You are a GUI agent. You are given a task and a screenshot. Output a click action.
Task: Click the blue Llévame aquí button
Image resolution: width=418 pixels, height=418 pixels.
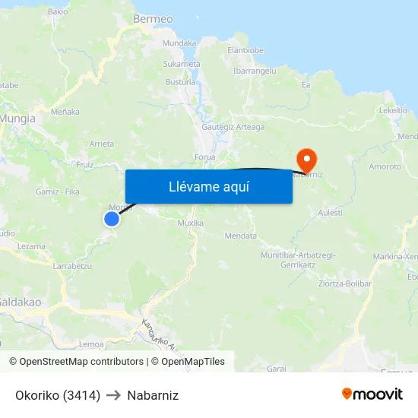point(208,186)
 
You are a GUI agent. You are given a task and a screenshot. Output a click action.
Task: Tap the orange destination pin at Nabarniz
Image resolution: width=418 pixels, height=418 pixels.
point(307,160)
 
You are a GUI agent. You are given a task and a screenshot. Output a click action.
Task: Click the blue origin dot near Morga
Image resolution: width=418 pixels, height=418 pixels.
point(112,219)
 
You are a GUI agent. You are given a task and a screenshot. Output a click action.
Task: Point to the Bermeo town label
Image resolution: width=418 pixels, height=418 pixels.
point(153,18)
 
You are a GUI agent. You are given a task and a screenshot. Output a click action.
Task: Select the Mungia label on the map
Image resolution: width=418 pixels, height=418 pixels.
point(17,119)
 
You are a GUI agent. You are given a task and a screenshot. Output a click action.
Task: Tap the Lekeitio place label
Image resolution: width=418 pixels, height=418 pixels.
point(393,110)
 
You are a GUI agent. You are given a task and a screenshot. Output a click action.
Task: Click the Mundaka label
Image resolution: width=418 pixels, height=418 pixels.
point(179,43)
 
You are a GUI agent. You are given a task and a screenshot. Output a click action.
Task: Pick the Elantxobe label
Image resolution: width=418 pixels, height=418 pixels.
point(245,50)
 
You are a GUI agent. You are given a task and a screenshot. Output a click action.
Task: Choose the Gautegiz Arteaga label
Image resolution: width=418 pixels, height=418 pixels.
point(233,127)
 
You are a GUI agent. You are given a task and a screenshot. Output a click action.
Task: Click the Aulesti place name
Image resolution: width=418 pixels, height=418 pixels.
point(331,213)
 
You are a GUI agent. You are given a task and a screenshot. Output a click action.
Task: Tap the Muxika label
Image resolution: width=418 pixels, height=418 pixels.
point(190,223)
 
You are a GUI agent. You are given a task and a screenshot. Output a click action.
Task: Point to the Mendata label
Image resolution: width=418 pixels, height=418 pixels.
point(241,236)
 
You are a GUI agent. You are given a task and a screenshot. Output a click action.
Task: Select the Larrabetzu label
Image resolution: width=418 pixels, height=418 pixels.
point(73,267)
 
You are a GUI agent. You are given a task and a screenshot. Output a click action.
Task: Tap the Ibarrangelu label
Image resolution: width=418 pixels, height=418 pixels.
point(255,70)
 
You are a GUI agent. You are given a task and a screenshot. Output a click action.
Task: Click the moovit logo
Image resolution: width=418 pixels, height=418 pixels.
point(372,394)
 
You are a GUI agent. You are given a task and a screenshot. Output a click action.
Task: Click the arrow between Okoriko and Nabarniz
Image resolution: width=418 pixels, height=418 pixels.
point(114,395)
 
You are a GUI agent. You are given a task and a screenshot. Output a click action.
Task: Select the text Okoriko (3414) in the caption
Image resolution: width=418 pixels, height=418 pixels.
point(58,395)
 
